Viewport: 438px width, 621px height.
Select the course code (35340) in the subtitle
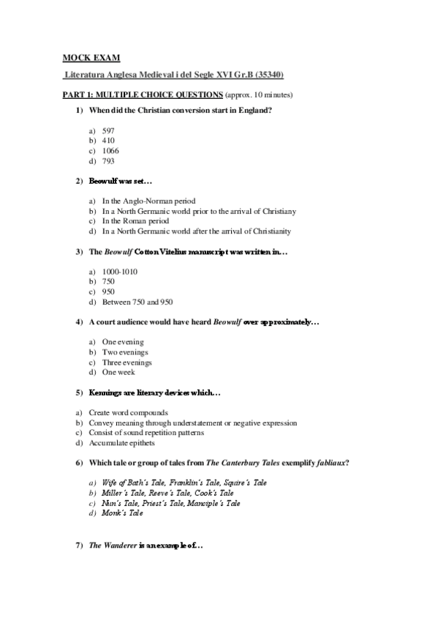pyautogui.click(x=268, y=75)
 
